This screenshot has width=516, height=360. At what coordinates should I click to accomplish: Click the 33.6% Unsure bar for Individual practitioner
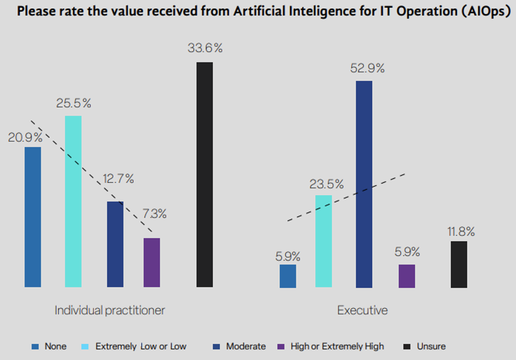tap(205, 174)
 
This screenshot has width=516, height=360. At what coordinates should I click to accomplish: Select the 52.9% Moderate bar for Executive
tap(364, 184)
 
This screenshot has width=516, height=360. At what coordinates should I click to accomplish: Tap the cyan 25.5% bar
tap(73, 201)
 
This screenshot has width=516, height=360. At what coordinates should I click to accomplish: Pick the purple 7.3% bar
tap(152, 262)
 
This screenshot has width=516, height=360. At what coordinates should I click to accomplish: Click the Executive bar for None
tap(288, 276)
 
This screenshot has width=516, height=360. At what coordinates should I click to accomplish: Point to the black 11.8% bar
tap(459, 264)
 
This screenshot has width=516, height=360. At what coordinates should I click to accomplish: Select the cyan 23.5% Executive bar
tap(324, 241)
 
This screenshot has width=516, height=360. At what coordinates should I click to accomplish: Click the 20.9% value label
tap(25, 138)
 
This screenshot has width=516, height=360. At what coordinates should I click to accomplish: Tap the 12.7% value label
tap(118, 179)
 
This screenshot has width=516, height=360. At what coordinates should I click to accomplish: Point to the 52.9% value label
tap(367, 68)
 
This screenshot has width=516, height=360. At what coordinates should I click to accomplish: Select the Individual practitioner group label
tap(110, 310)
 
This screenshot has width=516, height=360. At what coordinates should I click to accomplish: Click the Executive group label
tap(362, 310)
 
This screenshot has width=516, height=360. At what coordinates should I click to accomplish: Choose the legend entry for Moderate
tap(246, 346)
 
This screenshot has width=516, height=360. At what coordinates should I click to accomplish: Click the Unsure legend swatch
tap(406, 346)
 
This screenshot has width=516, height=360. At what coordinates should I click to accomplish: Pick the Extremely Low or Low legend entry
tap(141, 346)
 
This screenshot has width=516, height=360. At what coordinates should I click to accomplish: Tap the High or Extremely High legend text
tap(337, 346)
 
